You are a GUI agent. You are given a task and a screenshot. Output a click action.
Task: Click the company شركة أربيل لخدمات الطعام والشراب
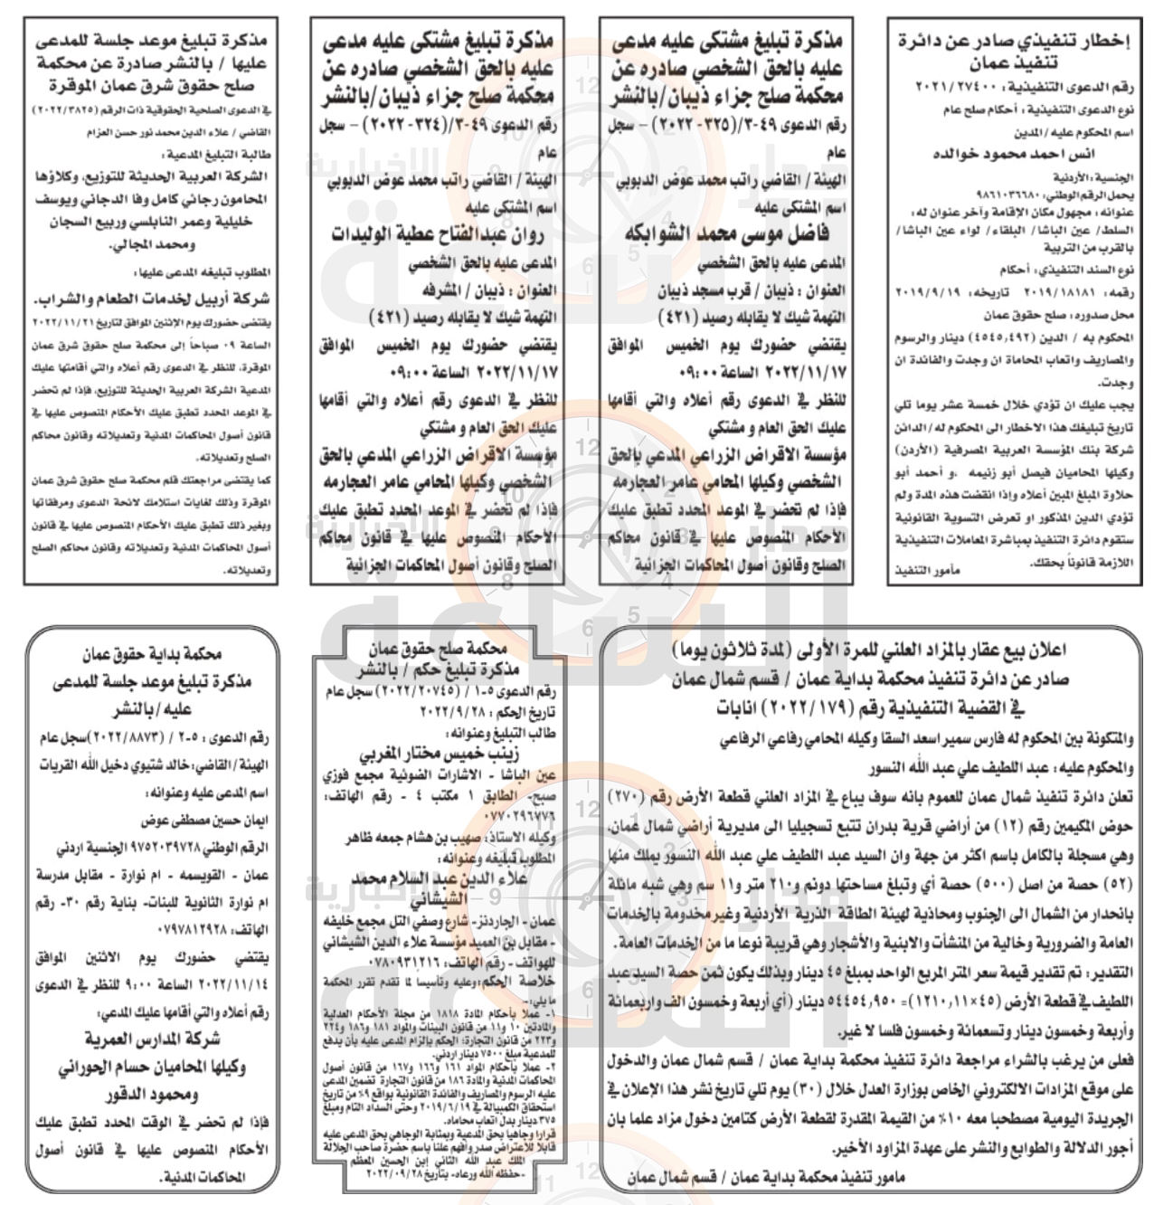(x=144, y=299)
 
